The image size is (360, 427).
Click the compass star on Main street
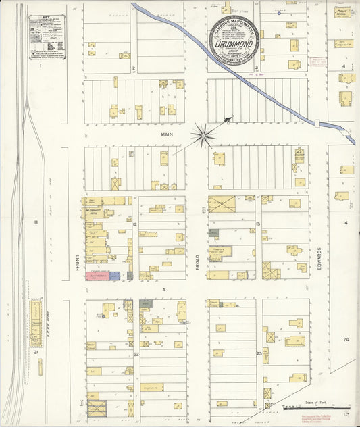click(x=203, y=134)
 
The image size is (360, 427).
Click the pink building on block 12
click(x=97, y=276)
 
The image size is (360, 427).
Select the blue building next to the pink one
click(x=115, y=276)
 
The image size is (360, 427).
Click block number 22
click(x=136, y=353)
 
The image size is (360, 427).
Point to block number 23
click(x=259, y=353)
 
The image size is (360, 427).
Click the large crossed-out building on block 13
click(x=222, y=204)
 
